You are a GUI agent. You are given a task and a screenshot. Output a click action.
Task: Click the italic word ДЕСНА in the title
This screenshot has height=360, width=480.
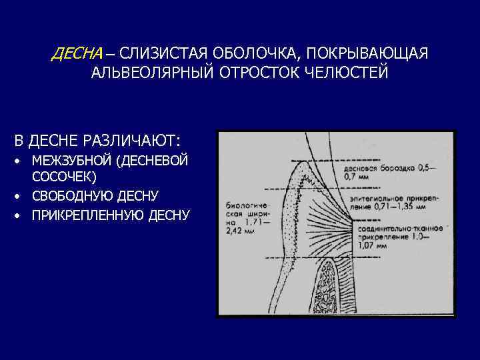[x=77, y=53]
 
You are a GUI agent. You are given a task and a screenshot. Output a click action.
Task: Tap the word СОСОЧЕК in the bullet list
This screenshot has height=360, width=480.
[x=63, y=177]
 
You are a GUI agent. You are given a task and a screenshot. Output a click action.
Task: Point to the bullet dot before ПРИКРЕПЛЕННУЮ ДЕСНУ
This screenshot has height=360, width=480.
[x=21, y=215]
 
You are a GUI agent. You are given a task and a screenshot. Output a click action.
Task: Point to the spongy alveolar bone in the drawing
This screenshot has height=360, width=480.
[x=332, y=287]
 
